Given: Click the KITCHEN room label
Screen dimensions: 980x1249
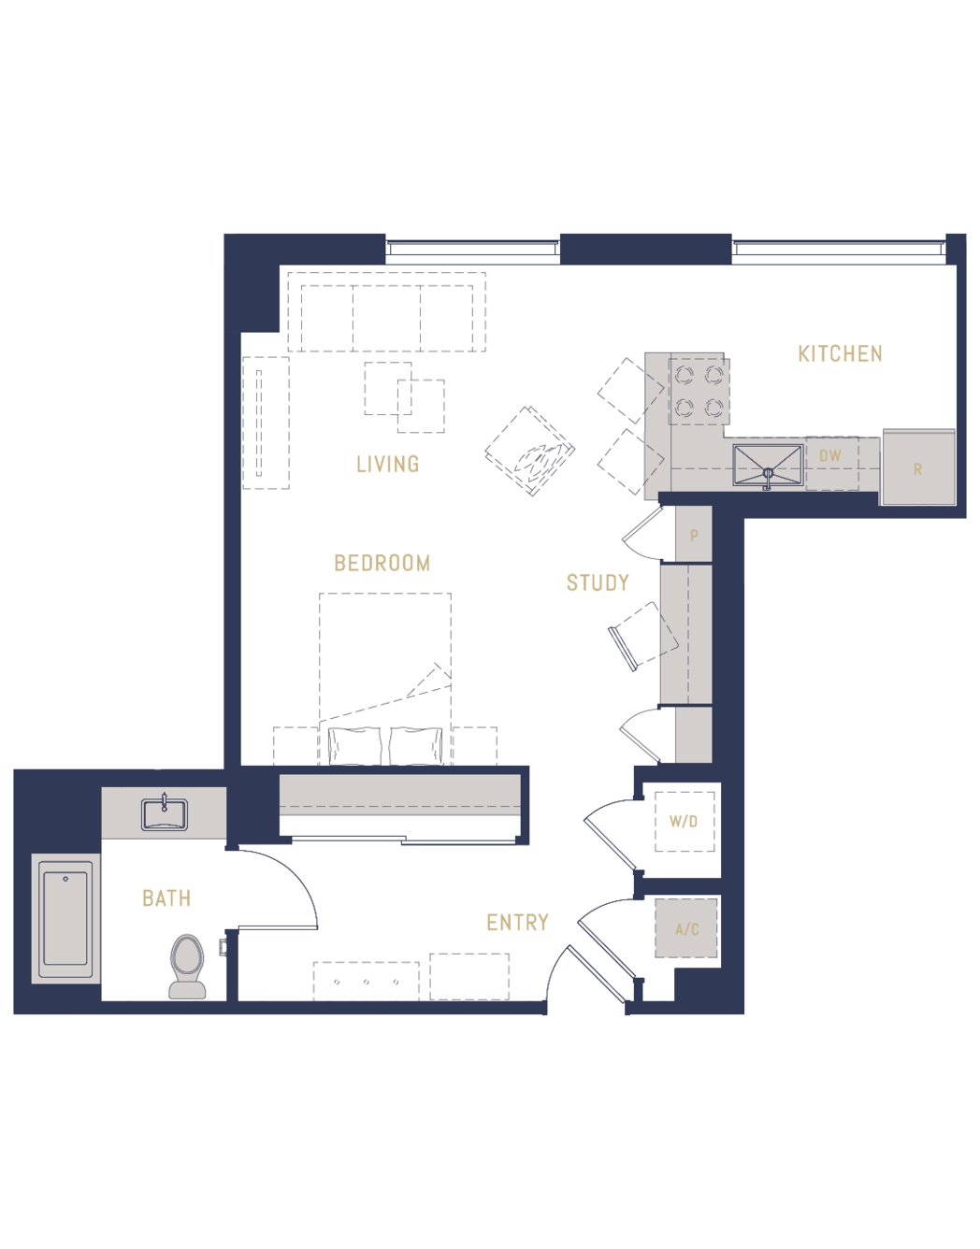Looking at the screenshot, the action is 840,353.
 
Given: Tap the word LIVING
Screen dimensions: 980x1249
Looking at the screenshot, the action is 388,464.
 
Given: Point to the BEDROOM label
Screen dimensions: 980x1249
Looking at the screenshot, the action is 382,564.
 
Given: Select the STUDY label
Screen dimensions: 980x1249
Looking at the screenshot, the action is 598,582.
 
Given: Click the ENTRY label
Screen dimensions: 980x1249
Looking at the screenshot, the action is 517,923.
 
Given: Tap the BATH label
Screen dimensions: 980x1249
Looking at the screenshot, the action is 166,898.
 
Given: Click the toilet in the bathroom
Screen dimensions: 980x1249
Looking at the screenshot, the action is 187,967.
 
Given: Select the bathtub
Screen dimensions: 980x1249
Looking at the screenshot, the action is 65,918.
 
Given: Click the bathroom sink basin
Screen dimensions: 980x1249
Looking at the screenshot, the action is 165,814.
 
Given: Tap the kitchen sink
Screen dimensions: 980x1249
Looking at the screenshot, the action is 768,465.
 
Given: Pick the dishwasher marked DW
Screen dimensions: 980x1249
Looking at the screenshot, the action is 831,464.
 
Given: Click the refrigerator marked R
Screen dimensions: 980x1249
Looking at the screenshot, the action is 919,467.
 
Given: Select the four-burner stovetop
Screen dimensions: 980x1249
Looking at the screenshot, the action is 699,392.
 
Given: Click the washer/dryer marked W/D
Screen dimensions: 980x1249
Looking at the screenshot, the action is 685,822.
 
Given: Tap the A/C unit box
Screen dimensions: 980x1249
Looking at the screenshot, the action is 686,928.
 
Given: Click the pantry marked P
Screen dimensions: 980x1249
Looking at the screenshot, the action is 694,534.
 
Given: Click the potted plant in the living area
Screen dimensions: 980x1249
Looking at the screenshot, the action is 529,452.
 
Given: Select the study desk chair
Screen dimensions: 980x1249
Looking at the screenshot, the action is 643,637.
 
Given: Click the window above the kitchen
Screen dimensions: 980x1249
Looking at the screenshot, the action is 839,249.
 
